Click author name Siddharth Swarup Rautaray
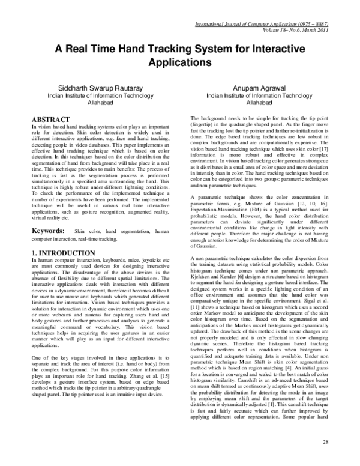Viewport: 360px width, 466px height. point(96,88)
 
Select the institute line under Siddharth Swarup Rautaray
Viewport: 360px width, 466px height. point(96,95)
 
